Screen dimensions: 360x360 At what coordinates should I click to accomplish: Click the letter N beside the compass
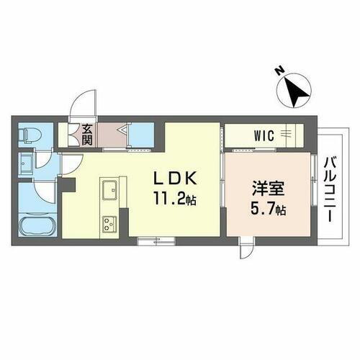pyautogui.click(x=279, y=71)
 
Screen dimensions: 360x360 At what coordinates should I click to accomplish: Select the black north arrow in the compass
pyautogui.click(x=295, y=90)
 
